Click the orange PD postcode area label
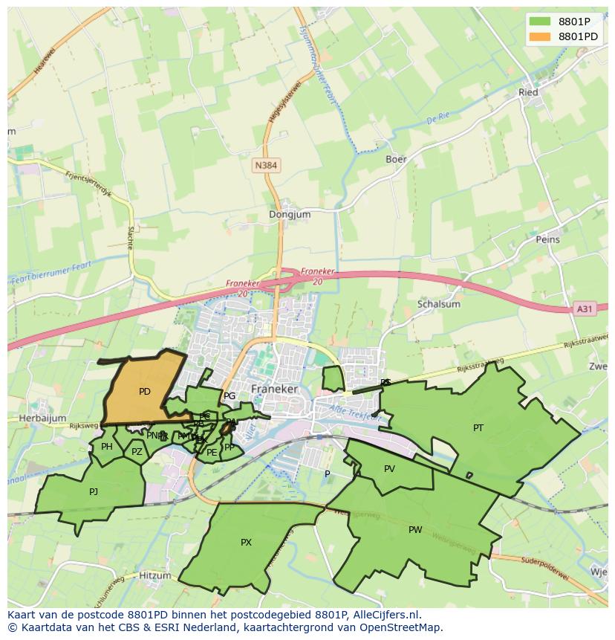(144, 392)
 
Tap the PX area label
(246, 543)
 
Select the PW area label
(415, 530)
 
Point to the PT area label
(478, 427)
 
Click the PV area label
(389, 468)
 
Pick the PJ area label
(94, 491)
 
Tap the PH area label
(107, 447)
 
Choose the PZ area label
(137, 452)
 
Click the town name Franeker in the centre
(275, 389)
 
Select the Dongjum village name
(290, 215)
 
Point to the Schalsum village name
(439, 304)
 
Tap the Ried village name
(528, 93)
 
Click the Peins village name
(547, 240)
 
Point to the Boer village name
(396, 159)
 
